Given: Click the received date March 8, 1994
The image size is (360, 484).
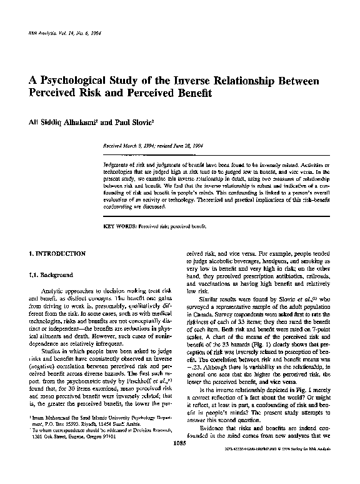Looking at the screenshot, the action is (x=141, y=144).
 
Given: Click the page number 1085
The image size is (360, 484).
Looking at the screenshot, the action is (x=180, y=462).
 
